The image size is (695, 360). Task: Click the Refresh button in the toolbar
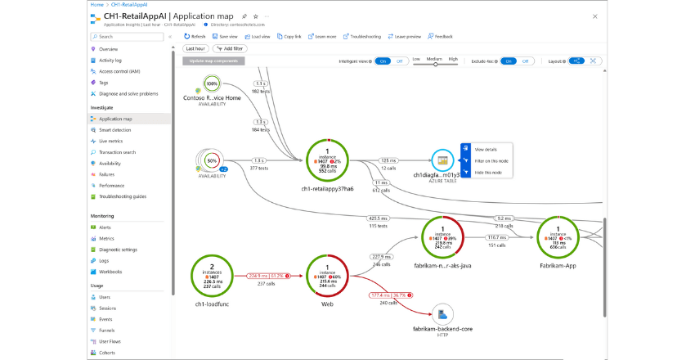194,36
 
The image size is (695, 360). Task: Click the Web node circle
327,276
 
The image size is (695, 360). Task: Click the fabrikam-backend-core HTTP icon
443,313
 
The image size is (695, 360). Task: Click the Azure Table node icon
442,160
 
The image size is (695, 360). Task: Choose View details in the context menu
486,150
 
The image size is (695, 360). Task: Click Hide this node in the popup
488,172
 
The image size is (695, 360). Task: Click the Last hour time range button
195,49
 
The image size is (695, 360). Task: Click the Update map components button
213,61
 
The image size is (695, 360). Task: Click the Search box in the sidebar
128,37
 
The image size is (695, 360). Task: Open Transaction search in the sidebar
117,152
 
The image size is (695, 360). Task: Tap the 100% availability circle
213,84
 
